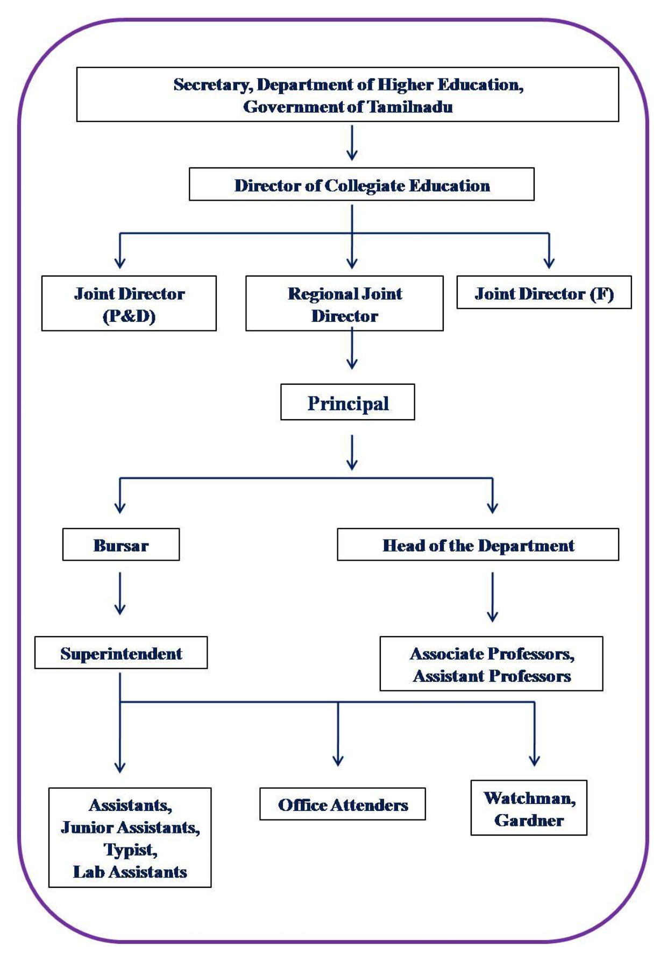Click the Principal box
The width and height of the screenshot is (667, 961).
[x=347, y=402]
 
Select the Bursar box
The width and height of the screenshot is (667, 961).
[x=120, y=545]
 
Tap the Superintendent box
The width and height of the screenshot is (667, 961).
[x=120, y=653]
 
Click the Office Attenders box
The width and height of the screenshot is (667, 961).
[x=342, y=804]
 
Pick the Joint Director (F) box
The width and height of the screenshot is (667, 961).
[x=543, y=293]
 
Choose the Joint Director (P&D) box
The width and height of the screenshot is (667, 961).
[x=129, y=303]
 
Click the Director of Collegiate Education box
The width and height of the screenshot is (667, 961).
[x=361, y=185]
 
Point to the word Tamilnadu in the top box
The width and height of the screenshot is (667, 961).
[x=410, y=107]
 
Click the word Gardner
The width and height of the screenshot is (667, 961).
[x=529, y=820]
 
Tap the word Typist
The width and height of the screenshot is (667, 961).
[x=130, y=849]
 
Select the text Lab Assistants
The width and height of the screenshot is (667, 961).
[x=130, y=872]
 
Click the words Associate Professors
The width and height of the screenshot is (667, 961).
[x=492, y=653]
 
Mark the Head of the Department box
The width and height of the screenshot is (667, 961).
[x=478, y=545]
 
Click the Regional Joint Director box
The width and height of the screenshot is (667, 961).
[x=344, y=303]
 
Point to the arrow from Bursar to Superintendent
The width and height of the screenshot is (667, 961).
[x=120, y=593]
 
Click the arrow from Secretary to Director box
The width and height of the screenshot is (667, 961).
[x=352, y=143]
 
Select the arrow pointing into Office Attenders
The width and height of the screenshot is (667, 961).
[x=338, y=734]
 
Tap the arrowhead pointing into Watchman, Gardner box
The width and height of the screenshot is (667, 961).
[x=534, y=760]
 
